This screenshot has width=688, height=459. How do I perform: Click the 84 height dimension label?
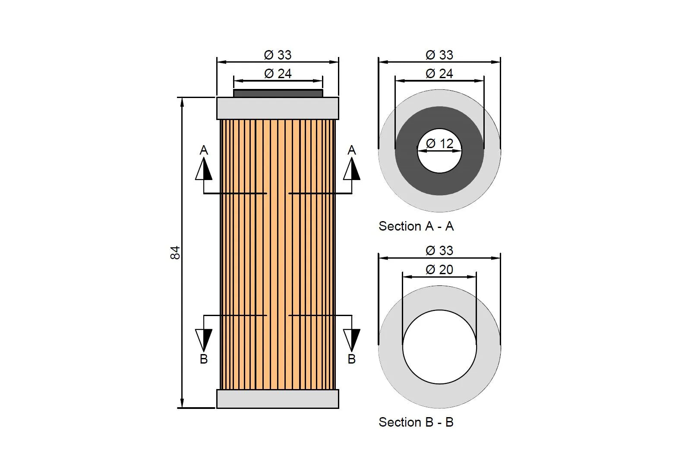[x=175, y=253]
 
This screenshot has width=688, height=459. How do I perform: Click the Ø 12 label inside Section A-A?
[x=439, y=143]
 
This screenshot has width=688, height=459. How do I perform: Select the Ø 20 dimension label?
[x=439, y=269]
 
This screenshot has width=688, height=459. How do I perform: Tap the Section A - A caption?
[x=416, y=226]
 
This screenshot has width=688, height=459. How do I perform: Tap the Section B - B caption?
[x=416, y=422]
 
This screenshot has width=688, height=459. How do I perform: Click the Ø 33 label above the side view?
[x=278, y=55]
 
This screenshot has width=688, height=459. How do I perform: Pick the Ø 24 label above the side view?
[x=278, y=74]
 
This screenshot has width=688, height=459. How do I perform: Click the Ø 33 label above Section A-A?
[x=439, y=55]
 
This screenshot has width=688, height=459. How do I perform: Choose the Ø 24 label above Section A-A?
[x=439, y=74]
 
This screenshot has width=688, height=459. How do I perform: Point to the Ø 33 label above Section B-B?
[x=439, y=250]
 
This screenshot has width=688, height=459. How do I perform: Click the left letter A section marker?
[x=204, y=150]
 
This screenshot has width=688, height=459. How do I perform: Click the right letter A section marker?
[x=352, y=150]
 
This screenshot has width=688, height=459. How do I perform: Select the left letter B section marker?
[x=204, y=359]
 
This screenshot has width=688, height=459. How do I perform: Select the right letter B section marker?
[x=352, y=359]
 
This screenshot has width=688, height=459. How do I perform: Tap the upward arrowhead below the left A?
[x=204, y=170]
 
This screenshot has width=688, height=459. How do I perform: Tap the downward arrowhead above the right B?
[x=352, y=339]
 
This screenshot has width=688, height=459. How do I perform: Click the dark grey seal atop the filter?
[x=278, y=93]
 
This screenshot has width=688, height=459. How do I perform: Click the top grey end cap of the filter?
[x=278, y=108]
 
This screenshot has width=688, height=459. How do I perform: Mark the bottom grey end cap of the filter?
[x=278, y=399]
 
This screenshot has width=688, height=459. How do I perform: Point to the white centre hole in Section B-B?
[x=439, y=347]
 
